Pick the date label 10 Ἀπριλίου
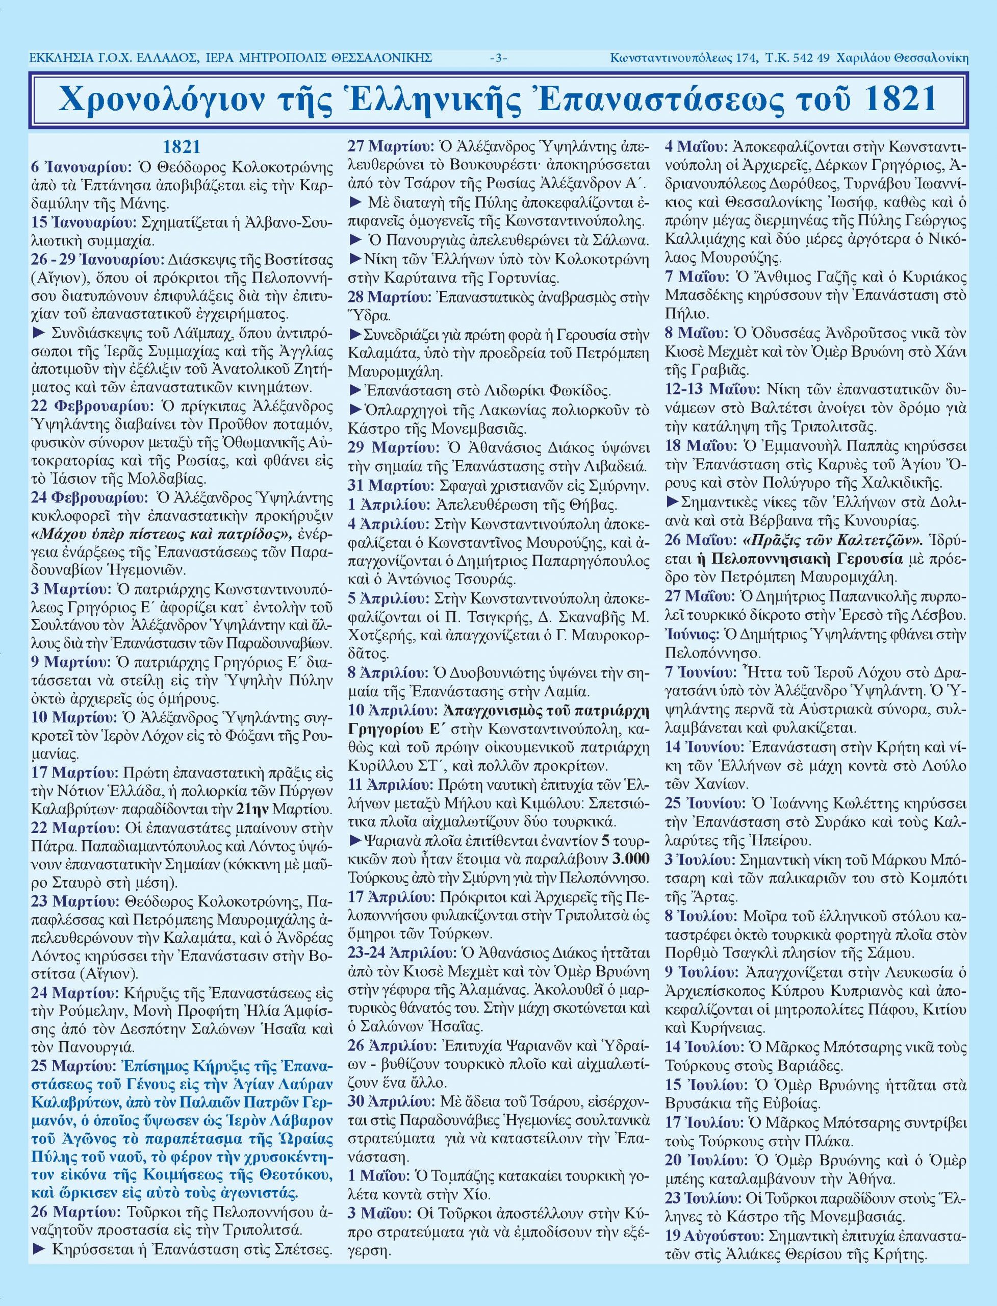tap(392, 711)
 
